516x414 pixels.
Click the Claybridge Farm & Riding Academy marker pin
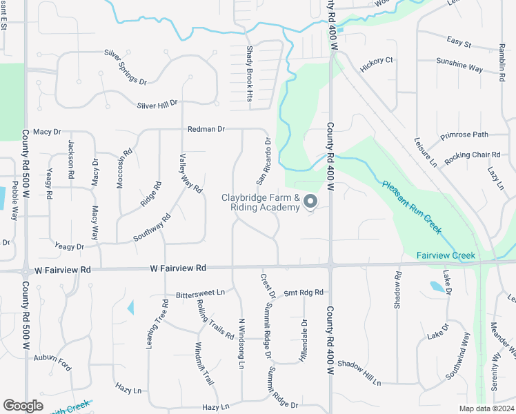coord(310,201)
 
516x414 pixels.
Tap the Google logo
coord(23,406)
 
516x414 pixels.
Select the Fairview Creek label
coord(446,256)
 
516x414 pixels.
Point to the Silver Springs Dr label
coord(126,66)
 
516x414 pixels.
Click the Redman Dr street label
coord(206,129)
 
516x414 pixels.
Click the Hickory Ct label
coord(376,61)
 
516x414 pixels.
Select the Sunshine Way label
coord(459,68)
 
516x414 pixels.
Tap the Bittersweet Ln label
coord(200,293)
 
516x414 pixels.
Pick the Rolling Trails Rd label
coord(215,319)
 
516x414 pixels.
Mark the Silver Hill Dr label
coord(157,104)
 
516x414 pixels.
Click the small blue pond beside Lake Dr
coord(436,286)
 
